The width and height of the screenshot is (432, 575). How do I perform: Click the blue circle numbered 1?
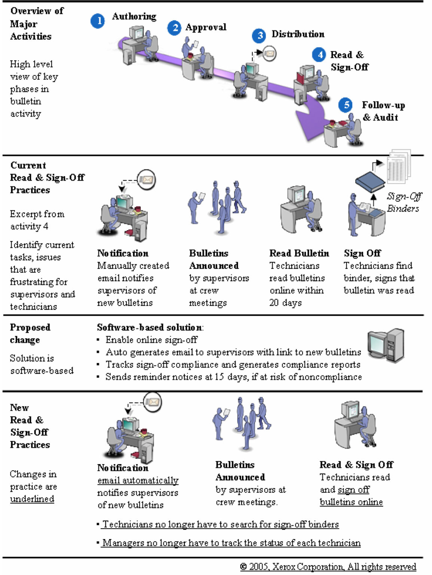98,21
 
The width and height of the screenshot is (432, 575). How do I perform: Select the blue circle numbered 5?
345,105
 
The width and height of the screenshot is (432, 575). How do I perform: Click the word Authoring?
134,16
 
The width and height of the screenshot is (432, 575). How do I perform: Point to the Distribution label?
298,34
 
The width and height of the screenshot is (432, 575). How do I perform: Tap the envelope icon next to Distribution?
269,53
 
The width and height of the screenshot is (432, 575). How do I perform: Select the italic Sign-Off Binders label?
404,202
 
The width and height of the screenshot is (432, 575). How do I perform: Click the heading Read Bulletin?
299,253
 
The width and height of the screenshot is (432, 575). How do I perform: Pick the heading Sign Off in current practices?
362,253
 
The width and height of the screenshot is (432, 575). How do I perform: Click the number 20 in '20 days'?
274,303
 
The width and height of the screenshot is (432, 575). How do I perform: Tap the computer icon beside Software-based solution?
386,346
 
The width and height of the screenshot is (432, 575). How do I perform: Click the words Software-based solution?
149,328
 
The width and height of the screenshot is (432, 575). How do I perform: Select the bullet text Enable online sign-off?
151,340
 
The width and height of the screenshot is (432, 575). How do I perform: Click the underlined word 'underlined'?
32,499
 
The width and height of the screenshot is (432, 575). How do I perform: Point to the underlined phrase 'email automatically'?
138,480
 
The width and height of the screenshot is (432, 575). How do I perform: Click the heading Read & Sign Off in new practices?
356,465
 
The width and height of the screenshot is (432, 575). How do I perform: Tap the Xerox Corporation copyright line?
328,567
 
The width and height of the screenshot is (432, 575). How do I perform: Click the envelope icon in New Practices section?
153,402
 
